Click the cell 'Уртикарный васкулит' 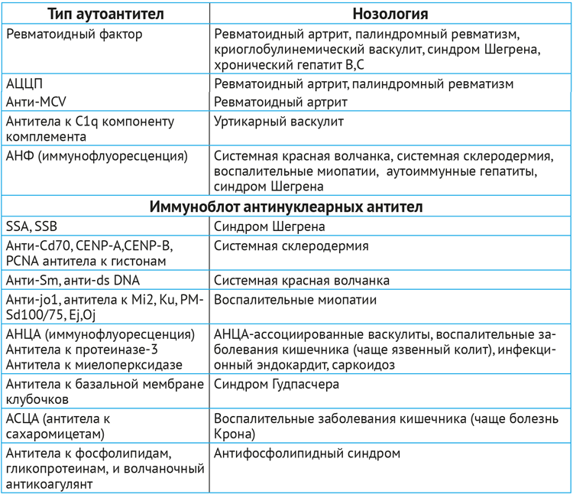[x=279, y=121]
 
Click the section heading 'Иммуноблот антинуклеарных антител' [x=286, y=207]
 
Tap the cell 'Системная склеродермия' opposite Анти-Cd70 [x=292, y=246]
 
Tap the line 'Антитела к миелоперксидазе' [x=93, y=365]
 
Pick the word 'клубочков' [x=37, y=399]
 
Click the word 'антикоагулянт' [x=51, y=484]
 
